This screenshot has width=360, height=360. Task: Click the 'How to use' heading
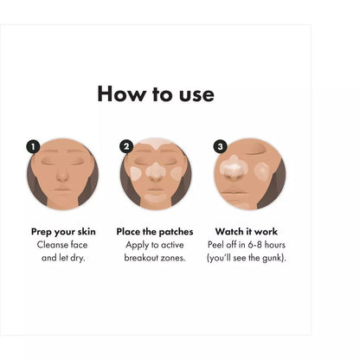click(x=156, y=93)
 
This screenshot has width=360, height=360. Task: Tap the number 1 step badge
click(x=34, y=146)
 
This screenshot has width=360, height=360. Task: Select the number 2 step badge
click(x=126, y=146)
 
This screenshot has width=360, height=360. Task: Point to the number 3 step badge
click(x=220, y=146)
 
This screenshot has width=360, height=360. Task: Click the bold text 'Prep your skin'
click(x=63, y=231)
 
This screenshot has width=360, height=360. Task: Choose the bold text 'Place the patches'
click(x=156, y=231)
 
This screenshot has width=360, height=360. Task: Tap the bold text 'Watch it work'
click(x=248, y=231)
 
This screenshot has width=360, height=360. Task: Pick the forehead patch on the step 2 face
click(x=156, y=145)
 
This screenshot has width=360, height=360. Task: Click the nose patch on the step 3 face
click(x=234, y=166)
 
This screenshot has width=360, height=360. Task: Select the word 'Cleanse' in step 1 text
click(x=53, y=245)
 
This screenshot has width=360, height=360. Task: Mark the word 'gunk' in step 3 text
click(x=272, y=259)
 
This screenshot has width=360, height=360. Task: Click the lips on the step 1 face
click(x=63, y=191)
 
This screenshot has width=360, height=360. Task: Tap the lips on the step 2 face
click(x=156, y=191)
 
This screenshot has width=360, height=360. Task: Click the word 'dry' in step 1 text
click(x=83, y=259)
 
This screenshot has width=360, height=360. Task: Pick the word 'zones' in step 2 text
click(x=174, y=259)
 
